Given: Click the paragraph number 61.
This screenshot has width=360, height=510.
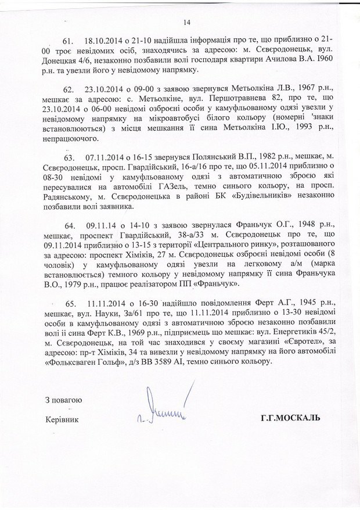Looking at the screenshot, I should tap(70, 41).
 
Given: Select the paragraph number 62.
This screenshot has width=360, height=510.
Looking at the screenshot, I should tap(70, 90).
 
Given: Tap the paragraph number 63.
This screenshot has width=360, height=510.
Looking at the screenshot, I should tap(70, 157).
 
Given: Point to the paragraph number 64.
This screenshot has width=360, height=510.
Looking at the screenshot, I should tap(70, 225).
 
